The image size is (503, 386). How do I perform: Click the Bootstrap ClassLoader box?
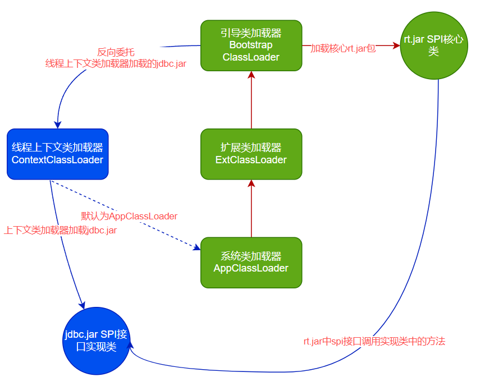coord(251,45)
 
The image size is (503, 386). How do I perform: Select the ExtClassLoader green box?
coord(251,154)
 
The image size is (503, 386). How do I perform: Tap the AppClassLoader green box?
coord(251,263)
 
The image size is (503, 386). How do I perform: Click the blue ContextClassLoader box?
coord(57,154)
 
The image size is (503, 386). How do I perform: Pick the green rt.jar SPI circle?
coord(433,46)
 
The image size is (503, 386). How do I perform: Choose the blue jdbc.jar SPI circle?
coord(97,341)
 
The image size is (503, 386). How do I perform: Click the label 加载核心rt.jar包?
coord(343,48)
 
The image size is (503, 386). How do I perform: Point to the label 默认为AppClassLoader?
coord(129,216)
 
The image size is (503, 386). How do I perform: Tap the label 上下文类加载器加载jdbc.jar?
coord(61,230)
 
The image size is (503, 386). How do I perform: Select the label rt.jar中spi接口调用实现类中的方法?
coord(374,341)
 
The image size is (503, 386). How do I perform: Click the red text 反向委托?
coord(116,52)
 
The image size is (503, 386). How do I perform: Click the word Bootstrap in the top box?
coord(251,45)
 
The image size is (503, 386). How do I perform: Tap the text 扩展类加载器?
coord(251,148)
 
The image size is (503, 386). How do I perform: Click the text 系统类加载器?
coord(251,256)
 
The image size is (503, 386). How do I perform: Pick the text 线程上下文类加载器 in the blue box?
coord(57,148)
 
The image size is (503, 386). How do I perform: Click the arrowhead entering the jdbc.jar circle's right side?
coord(132,349)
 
